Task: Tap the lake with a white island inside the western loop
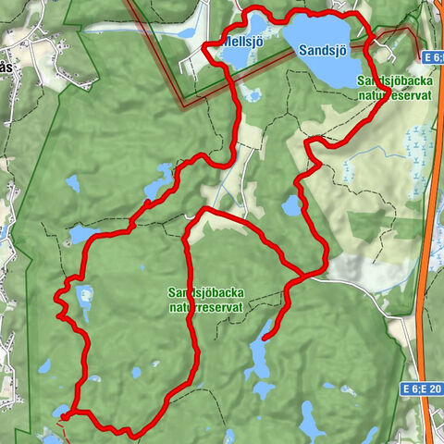click(84, 299)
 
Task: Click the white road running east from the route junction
click(351, 287)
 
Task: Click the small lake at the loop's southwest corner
click(61, 410)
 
